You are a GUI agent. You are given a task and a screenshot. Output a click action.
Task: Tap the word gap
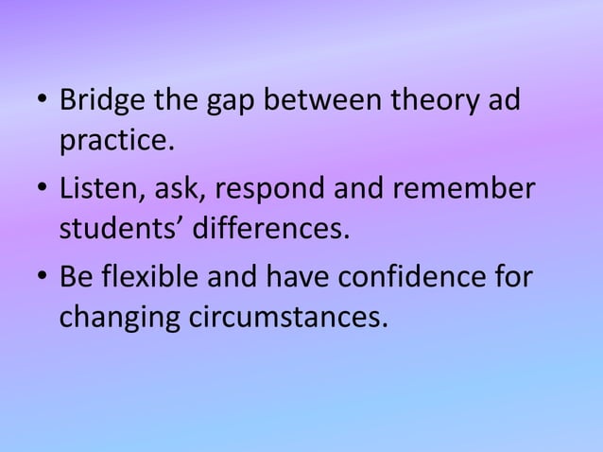point(214,102)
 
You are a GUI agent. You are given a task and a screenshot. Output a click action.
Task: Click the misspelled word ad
point(504,100)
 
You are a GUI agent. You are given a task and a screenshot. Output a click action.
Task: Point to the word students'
point(115,229)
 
